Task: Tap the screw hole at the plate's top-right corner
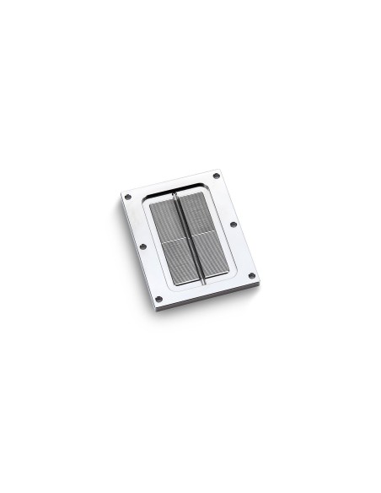pos(217,175)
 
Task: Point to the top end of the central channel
pos(174,196)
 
